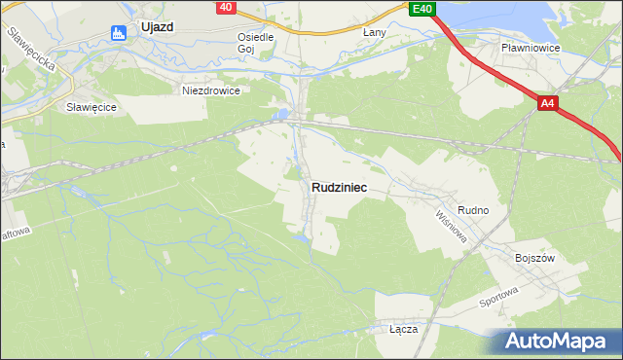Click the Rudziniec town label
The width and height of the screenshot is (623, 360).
tap(340, 188)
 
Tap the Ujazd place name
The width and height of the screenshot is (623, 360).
tap(156, 27)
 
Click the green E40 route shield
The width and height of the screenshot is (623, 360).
tap(421, 9)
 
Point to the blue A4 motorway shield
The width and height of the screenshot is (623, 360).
tap(547, 102)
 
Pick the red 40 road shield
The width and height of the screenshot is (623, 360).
tap(226, 7)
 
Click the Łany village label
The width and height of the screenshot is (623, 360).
tap(375, 33)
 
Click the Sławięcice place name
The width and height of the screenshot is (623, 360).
tap(86, 107)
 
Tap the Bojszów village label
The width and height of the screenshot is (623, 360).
tap(534, 258)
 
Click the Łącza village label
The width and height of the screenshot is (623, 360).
tap(403, 329)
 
